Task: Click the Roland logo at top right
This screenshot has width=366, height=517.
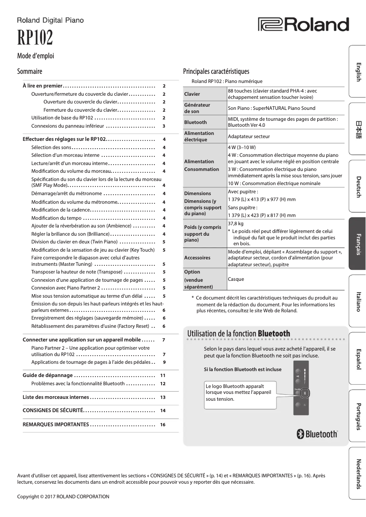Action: [x=303, y=25]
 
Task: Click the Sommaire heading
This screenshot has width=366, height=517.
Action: [x=30, y=72]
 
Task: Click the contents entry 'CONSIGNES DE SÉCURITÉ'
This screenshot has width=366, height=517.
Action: [x=53, y=411]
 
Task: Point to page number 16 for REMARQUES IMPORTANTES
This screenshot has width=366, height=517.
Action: [x=162, y=424]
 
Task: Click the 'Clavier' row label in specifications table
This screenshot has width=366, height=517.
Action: [x=192, y=94]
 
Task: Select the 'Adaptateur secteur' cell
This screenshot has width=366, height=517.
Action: [x=249, y=136]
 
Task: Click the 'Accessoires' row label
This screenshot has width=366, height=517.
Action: [x=197, y=258]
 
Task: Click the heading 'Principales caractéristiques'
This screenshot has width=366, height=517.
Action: [x=216, y=71]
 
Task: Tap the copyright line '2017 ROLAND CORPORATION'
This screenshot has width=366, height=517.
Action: [x=63, y=496]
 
